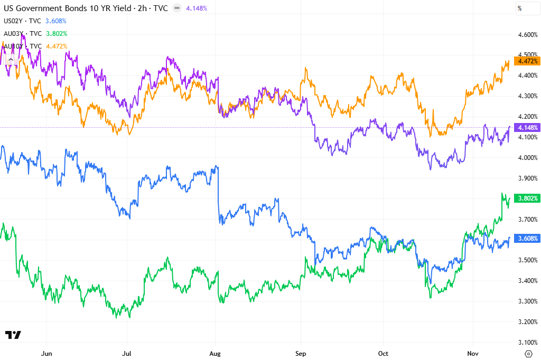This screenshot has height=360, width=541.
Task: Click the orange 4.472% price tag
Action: [x=528, y=61]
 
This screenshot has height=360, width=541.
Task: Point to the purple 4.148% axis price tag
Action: [x=528, y=128]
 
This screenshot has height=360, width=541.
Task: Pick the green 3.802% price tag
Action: [x=528, y=198]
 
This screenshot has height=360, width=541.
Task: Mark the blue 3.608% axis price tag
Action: [x=528, y=238]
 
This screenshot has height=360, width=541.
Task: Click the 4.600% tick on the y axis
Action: [x=528, y=35]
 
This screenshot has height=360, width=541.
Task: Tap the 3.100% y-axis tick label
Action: [x=528, y=342]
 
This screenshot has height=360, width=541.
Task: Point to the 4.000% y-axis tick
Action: [x=528, y=158]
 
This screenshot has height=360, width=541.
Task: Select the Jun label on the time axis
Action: [x=47, y=353]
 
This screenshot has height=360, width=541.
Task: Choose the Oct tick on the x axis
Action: [x=384, y=353]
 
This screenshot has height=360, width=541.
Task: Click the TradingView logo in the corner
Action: [x=13, y=335]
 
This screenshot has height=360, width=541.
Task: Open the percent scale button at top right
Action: [x=520, y=8]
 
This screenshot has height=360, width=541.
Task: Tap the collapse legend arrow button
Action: [x=11, y=60]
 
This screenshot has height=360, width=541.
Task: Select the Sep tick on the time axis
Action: [x=301, y=353]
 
